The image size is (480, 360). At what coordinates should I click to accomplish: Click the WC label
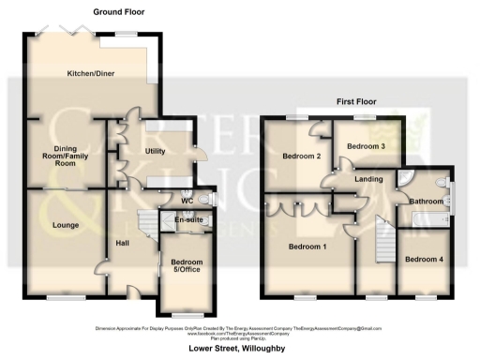187,200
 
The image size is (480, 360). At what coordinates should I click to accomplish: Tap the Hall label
122,243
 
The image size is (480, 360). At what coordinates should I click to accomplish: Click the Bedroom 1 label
307,247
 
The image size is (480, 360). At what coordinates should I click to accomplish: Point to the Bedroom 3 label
366,147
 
